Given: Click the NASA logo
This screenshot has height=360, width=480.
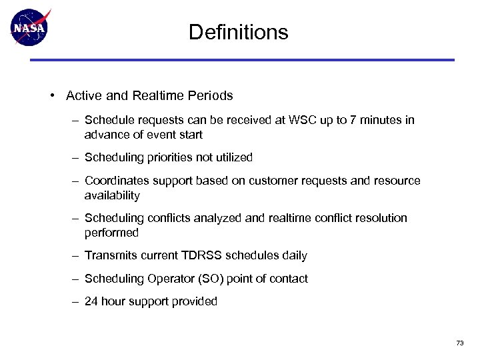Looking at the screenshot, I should [x=30, y=27].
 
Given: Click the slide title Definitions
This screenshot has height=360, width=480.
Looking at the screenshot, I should [x=238, y=32].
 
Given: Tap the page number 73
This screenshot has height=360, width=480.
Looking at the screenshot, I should [x=459, y=343].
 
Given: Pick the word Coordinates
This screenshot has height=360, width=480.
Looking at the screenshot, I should [x=113, y=181].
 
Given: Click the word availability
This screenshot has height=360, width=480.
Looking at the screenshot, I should [x=112, y=196].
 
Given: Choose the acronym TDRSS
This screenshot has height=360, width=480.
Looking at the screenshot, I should [x=203, y=255].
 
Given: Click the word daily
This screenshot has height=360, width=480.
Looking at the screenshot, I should [x=294, y=255].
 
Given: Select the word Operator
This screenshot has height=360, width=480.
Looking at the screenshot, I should [x=160, y=279].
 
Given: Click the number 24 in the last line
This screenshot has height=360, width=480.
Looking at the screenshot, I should [x=91, y=301].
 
